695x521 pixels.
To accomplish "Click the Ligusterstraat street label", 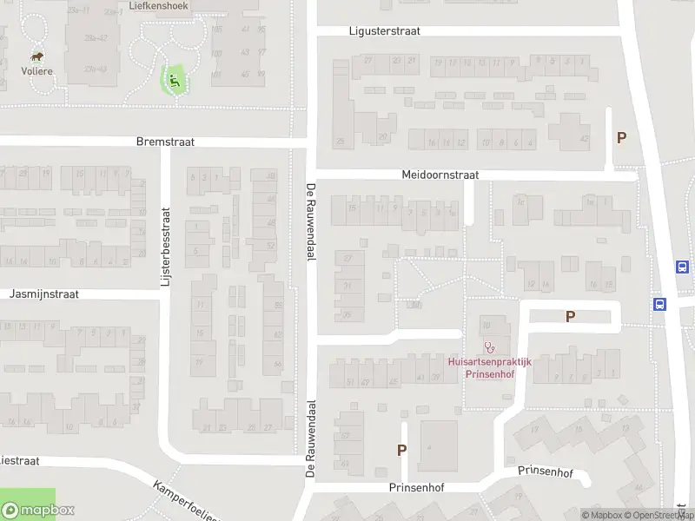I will click(x=384, y=30).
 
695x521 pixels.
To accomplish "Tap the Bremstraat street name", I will click(x=165, y=141).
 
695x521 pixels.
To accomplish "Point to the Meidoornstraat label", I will click(x=440, y=175).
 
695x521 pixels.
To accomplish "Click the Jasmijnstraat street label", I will click(x=43, y=294).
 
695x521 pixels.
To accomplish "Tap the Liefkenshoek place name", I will click(x=158, y=5).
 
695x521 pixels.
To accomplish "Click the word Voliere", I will click(x=38, y=71).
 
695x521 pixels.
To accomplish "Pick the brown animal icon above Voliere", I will click(x=38, y=55).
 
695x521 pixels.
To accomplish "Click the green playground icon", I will click(x=175, y=81).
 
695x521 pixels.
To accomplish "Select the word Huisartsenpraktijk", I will click(x=489, y=361).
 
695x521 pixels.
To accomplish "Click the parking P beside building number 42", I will click(x=621, y=137).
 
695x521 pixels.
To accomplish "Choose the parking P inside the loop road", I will click(x=570, y=317).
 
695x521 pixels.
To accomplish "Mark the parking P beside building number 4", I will click(x=401, y=450).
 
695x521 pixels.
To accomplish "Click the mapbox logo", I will click(x=37, y=511).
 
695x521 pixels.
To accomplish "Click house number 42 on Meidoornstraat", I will click(x=584, y=139).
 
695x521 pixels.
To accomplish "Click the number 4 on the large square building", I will click(x=428, y=447).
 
